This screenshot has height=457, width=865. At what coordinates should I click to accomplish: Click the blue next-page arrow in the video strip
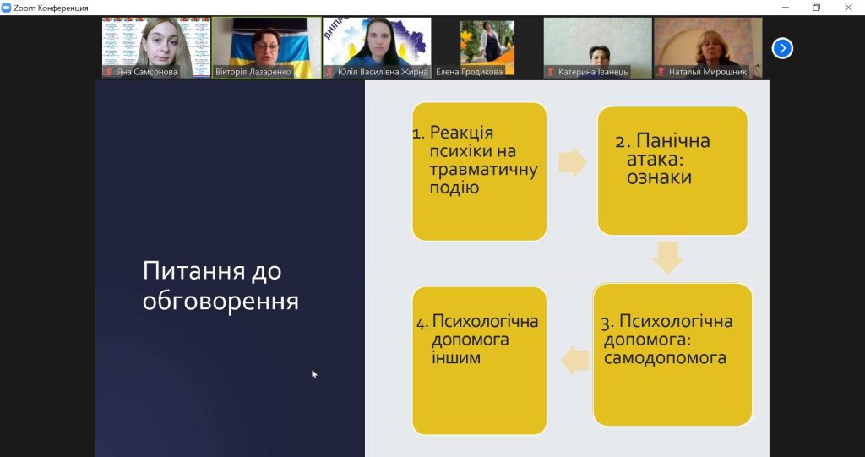tap(782, 48)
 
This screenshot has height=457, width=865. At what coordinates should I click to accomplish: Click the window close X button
tap(848, 7)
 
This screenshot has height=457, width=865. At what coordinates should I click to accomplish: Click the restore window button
tap(817, 7)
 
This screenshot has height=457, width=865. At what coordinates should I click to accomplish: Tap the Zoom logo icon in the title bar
tap(7, 8)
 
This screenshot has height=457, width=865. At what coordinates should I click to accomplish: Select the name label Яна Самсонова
tap(147, 72)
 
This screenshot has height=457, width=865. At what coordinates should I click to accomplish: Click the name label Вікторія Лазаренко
tap(253, 72)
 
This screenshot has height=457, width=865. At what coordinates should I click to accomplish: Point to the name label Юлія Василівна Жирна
tap(383, 72)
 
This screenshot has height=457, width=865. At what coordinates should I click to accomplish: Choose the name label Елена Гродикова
tap(470, 72)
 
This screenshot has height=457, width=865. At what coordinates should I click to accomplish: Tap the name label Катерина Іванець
tap(593, 72)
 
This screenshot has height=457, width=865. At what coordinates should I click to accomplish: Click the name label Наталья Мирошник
tap(708, 72)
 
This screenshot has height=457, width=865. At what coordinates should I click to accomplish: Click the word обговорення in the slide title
tap(220, 302)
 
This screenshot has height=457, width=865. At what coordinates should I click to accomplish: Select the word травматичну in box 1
tap(483, 170)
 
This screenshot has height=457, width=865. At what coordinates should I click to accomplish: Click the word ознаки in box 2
tap(659, 177)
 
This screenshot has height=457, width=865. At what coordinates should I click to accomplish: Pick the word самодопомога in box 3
tap(665, 357)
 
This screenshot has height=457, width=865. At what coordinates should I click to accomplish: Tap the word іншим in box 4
tap(456, 357)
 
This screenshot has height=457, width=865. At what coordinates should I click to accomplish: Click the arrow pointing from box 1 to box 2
tap(572, 163)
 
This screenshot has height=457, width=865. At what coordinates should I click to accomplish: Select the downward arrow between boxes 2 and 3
tap(668, 257)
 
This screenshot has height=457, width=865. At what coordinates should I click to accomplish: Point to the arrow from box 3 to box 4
tap(574, 361)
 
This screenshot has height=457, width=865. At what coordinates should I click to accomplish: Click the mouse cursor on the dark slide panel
tap(314, 374)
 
